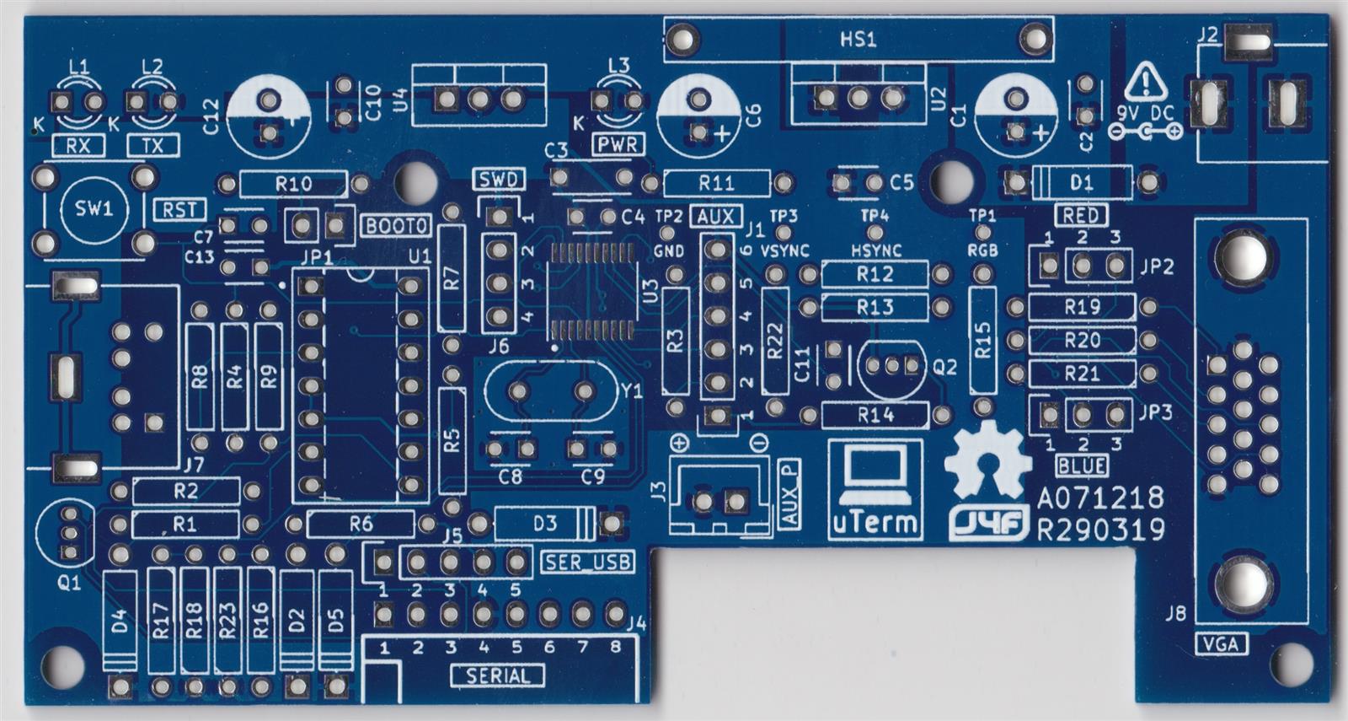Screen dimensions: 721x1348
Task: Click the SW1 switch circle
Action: (x=94, y=209)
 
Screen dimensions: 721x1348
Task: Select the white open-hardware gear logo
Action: (x=987, y=460)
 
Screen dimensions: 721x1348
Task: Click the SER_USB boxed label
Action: (x=588, y=562)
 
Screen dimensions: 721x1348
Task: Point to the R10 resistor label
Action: (x=293, y=183)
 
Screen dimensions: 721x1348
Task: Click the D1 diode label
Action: (x=1081, y=182)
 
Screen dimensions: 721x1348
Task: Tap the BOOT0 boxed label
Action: (x=396, y=226)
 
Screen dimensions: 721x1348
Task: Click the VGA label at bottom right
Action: (x=1222, y=644)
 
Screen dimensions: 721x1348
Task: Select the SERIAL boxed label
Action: (x=498, y=675)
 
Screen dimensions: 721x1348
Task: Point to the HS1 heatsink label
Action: (x=858, y=39)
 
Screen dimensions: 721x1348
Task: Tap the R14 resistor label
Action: (x=875, y=414)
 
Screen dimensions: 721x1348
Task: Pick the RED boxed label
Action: (x=1080, y=215)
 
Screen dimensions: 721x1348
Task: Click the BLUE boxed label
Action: (x=1082, y=465)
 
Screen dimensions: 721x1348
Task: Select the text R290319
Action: (x=1100, y=530)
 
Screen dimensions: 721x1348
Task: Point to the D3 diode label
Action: (x=545, y=524)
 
